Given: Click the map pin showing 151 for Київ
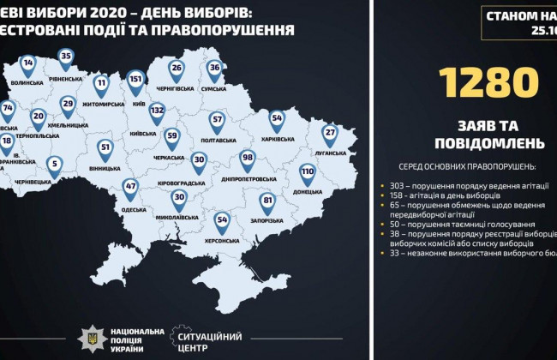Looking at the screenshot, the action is (135, 80).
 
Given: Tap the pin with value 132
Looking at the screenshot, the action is (157, 111).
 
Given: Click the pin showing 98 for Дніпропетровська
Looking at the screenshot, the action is (248, 158).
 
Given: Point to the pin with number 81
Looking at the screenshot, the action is (267, 201).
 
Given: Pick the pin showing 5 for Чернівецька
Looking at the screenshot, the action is (54, 163).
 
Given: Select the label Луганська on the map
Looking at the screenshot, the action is (330, 153).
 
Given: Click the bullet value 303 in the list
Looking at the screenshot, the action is (395, 186).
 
